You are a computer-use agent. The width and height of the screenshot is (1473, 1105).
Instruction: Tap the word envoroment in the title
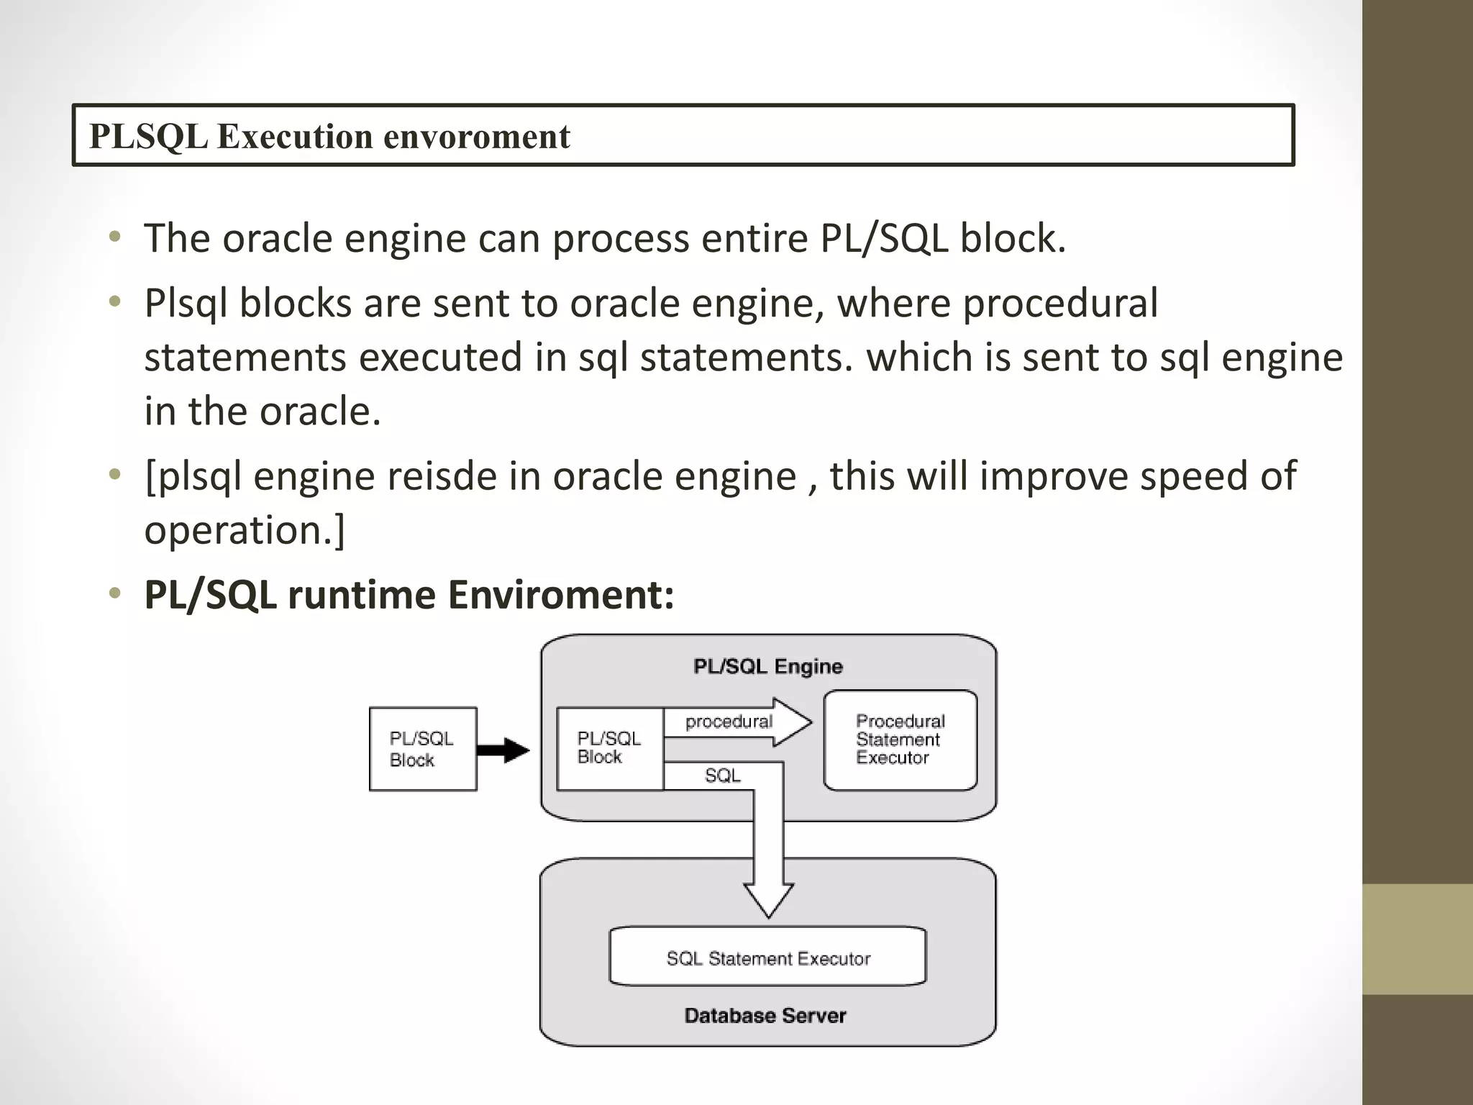point(477,136)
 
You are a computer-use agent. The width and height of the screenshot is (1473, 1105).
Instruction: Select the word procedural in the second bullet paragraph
point(1060,303)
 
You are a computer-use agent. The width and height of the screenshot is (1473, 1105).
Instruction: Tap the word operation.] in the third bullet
point(245,530)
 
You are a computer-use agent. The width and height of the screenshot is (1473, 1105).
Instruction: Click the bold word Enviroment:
point(561,595)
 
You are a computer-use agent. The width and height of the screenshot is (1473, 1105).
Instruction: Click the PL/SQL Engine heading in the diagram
point(767,666)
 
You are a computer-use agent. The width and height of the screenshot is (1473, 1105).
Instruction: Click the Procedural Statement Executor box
point(900,740)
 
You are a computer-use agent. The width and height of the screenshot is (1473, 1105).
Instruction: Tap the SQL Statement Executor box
point(767,958)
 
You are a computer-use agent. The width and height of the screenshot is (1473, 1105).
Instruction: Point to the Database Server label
point(765,1015)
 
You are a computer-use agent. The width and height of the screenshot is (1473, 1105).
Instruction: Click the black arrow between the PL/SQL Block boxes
point(503,750)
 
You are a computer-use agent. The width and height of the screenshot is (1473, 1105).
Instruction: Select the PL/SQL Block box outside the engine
point(422,749)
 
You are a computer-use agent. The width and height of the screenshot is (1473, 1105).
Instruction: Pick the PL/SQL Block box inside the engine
point(609,748)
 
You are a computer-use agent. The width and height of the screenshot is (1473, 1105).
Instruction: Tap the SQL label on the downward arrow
point(722,776)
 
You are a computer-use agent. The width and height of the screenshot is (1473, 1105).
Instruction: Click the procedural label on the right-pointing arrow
point(729,722)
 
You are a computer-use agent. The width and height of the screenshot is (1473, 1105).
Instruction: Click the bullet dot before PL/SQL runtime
point(114,594)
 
